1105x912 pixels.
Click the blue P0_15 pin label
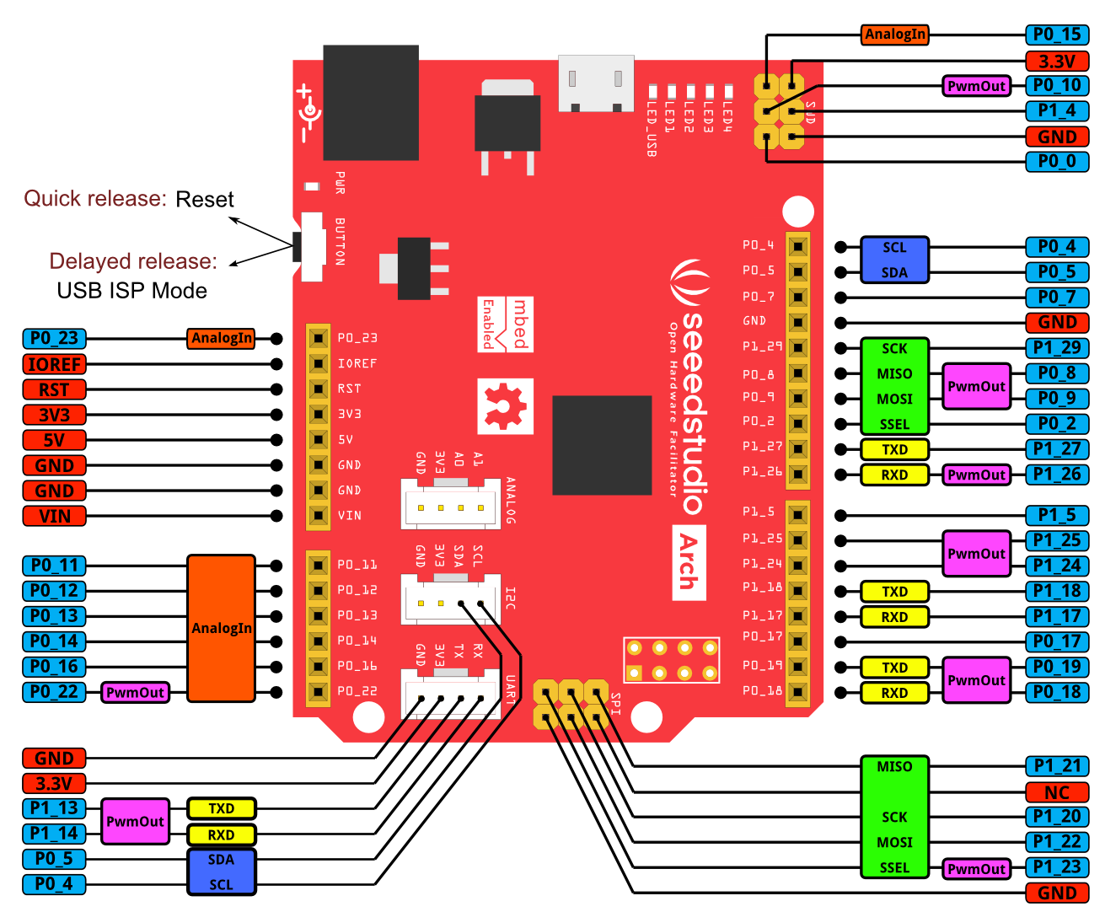[x=1057, y=35]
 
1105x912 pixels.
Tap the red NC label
[x=1057, y=792]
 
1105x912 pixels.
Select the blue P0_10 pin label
[x=1057, y=85]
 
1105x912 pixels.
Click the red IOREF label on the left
[x=54, y=364]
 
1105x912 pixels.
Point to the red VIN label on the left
[x=54, y=516]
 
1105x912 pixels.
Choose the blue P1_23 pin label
[x=1057, y=867]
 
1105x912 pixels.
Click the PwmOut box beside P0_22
[x=135, y=692]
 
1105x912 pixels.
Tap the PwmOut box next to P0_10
[x=976, y=86]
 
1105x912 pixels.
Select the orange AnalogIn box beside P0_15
[x=895, y=35]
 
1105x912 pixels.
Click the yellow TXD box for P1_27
[x=894, y=449]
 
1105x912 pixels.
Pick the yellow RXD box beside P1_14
[x=221, y=834]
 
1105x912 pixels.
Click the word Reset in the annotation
[x=205, y=200]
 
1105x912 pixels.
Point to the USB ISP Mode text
[x=132, y=291]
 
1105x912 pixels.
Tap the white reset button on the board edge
[x=313, y=246]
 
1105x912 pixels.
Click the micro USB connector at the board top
[x=596, y=83]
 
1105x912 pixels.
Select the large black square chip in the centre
[x=602, y=445]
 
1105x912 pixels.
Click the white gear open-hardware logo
[x=505, y=406]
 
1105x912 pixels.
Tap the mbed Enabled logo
[x=506, y=325]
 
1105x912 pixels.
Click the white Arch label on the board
[x=689, y=562]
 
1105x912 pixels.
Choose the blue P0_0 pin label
[x=1057, y=161]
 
